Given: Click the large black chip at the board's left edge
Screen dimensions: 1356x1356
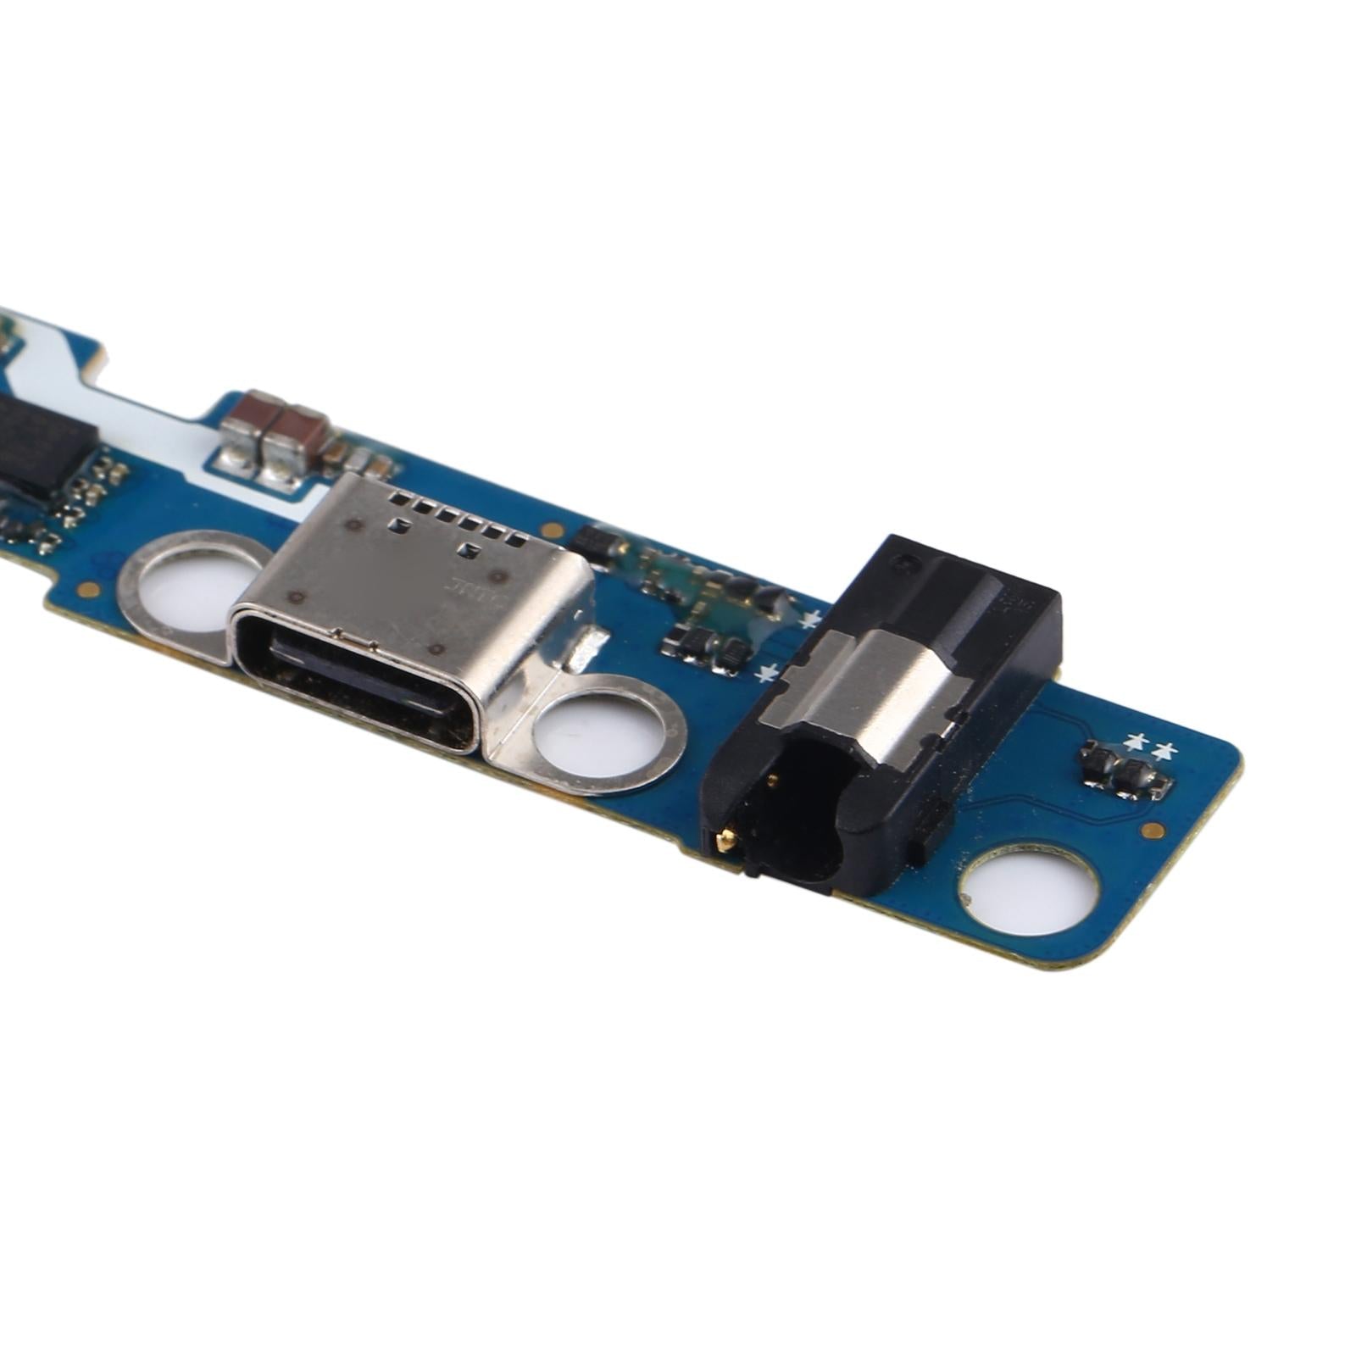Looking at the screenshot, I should [42, 445].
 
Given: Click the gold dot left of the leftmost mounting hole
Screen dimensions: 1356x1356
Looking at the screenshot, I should [86, 589].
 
